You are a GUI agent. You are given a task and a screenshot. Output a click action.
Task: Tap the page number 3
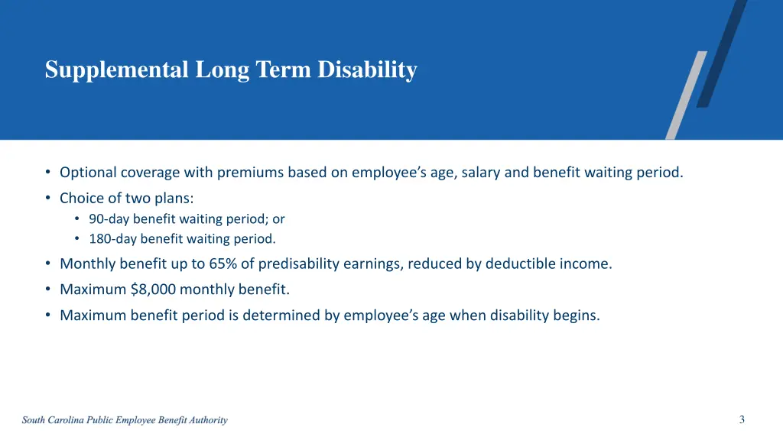[x=742, y=419]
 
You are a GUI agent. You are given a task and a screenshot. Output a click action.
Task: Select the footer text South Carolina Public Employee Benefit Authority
[x=125, y=420]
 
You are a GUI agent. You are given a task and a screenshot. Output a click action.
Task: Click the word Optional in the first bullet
[x=87, y=173]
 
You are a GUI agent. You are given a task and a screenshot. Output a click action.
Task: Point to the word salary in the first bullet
[x=481, y=173]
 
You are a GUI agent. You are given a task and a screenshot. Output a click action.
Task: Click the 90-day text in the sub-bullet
[x=109, y=219]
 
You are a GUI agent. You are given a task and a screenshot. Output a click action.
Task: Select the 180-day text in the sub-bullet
[x=113, y=239]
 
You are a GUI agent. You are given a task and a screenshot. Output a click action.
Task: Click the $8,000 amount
[x=154, y=290]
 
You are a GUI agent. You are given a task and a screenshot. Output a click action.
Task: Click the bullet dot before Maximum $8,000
[x=47, y=290]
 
